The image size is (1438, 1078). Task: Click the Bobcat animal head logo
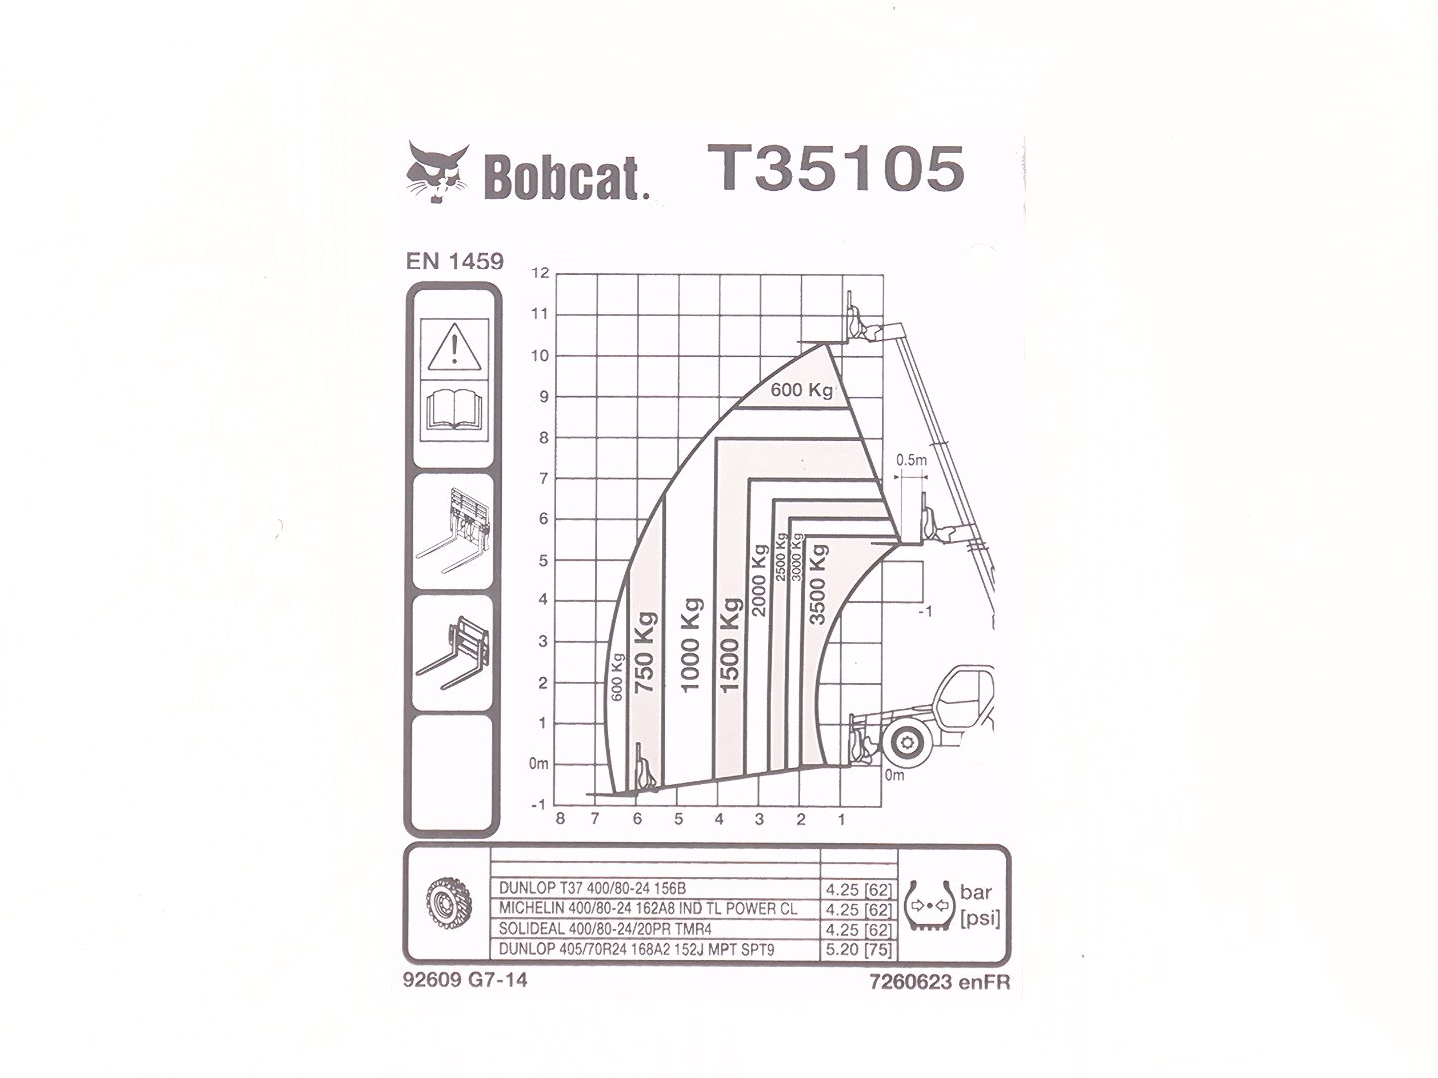click(x=437, y=172)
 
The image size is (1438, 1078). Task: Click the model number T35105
click(x=835, y=168)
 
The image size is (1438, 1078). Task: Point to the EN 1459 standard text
click(x=455, y=262)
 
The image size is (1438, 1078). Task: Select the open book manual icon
click(x=454, y=409)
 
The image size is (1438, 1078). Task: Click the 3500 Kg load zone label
click(x=818, y=584)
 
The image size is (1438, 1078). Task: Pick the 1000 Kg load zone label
click(x=691, y=644)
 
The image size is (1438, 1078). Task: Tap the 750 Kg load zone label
click(x=644, y=652)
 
